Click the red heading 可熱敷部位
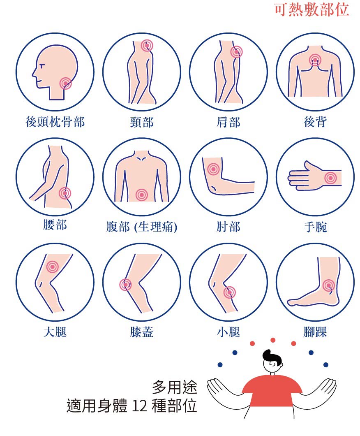(x=312, y=10)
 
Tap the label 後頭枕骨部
(x=55, y=122)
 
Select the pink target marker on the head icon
(x=66, y=83)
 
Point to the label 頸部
(x=142, y=122)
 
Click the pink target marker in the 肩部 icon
(x=236, y=52)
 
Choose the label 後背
(x=315, y=122)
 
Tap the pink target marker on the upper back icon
(x=315, y=60)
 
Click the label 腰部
(x=55, y=225)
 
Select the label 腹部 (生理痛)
(x=142, y=227)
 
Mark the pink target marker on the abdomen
(x=142, y=195)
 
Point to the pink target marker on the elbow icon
(x=213, y=169)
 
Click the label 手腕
(x=315, y=227)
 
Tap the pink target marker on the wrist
(x=330, y=178)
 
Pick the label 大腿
(x=55, y=332)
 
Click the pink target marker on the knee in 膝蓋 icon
(x=126, y=285)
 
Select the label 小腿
(x=228, y=332)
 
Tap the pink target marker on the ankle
(x=329, y=285)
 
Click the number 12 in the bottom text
(x=139, y=406)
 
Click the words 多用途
(x=174, y=387)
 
